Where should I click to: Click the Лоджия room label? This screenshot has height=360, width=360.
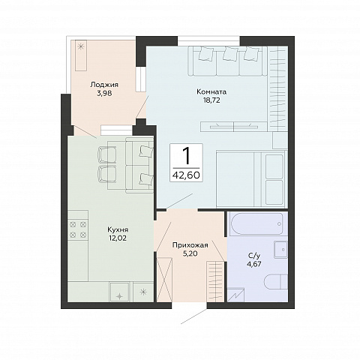[104, 85]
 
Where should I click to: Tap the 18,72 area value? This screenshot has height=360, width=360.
[211, 100]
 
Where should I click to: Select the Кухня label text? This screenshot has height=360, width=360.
[118, 229]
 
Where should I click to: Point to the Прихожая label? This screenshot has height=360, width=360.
[190, 245]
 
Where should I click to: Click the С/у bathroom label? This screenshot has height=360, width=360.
[254, 256]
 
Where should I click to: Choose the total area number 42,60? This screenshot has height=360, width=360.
[186, 175]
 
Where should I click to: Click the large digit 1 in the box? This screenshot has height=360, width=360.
[187, 155]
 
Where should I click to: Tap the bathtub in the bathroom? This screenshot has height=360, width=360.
[257, 223]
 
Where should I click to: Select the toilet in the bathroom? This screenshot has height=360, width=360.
[276, 282]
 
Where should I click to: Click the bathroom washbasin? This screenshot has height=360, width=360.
[280, 249]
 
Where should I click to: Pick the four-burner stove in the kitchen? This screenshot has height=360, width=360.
[78, 229]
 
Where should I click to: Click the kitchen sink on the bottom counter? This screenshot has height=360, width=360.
[120, 292]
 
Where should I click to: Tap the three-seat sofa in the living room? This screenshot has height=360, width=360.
[227, 61]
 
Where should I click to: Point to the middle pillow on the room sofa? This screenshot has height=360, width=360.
[230, 53]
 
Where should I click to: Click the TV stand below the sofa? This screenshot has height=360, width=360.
[234, 126]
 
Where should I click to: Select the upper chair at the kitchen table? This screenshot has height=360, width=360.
[107, 154]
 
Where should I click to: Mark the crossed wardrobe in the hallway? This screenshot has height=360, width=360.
[164, 280]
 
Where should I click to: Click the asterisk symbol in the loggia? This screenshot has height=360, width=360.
[80, 46]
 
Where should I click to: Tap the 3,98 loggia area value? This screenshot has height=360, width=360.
[104, 94]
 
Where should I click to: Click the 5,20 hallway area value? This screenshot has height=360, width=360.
[190, 254]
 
